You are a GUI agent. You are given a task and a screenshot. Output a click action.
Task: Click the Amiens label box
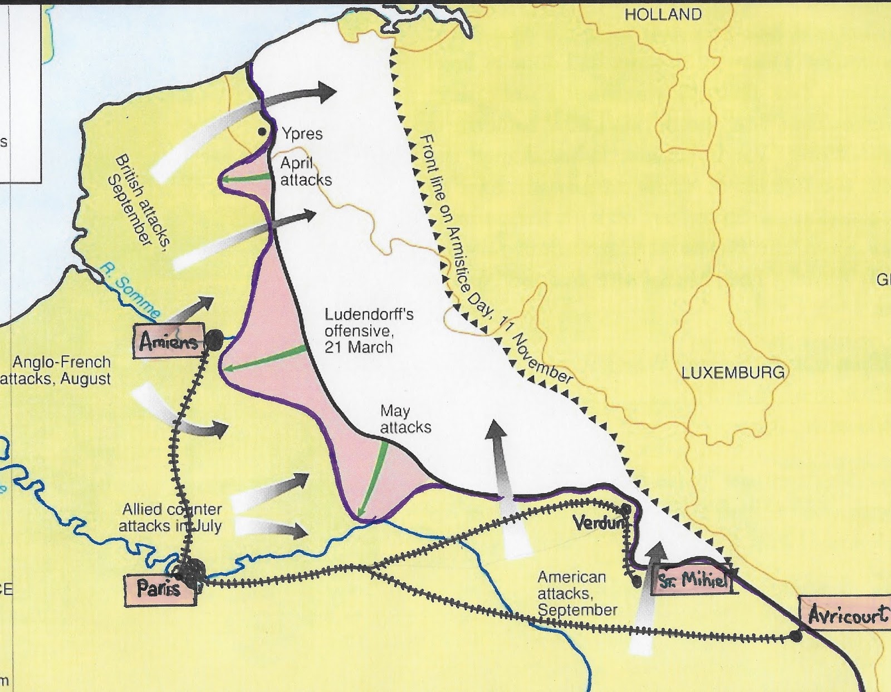pos(169,341)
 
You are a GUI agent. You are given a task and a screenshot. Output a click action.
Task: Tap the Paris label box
pos(159,589)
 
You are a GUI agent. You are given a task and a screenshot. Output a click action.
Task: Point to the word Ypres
pos(302,134)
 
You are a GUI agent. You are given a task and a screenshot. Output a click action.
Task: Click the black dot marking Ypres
pos(261,132)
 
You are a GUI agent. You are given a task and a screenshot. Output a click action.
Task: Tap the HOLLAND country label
pos(663,15)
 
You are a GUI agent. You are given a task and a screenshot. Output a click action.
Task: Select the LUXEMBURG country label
pos(733,372)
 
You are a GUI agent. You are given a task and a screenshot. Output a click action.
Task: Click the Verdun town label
pos(598,523)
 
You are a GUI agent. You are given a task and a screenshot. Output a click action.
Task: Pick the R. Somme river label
pos(130,291)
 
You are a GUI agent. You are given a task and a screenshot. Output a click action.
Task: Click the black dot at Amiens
pos(214,338)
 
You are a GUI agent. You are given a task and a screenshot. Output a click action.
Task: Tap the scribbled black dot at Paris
pos(190,572)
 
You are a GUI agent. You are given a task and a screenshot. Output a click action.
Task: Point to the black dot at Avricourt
pos(796,636)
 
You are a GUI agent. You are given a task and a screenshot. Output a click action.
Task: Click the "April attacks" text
pos(305,171)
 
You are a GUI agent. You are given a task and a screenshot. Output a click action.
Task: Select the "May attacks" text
pos(405,419)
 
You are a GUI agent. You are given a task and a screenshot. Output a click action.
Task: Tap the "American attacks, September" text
pos(576,593)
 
